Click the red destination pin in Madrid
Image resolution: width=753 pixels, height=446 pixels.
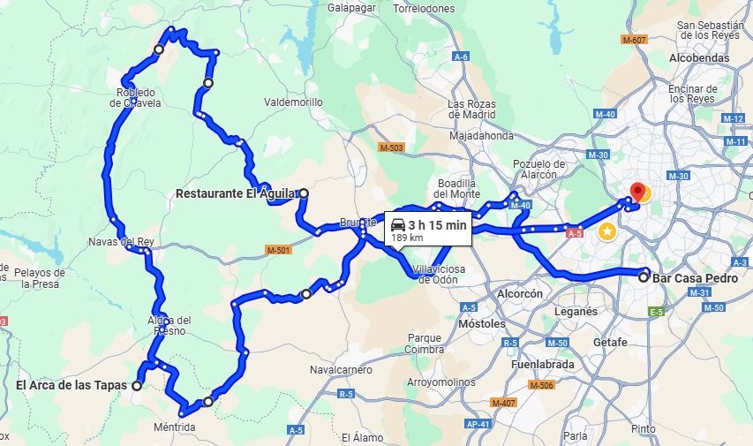tap(637, 192)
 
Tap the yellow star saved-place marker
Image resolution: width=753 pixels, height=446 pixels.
tap(607, 231)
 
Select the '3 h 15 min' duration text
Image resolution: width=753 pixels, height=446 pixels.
tap(437, 224)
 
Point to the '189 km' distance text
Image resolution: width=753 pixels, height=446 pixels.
tap(407, 238)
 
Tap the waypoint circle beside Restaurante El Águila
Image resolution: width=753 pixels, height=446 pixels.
tap(304, 193)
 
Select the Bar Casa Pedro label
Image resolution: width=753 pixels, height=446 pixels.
tap(695, 277)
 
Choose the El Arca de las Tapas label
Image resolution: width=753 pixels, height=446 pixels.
tap(71, 385)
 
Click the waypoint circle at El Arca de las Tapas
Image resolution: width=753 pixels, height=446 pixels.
tap(137, 385)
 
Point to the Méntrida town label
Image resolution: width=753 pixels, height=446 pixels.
tap(174, 427)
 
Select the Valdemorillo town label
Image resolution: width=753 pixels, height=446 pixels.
tap(293, 102)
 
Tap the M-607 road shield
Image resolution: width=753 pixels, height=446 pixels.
tap(634, 40)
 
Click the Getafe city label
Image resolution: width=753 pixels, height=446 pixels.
tap(610, 343)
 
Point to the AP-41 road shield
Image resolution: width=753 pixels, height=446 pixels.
tap(478, 425)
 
